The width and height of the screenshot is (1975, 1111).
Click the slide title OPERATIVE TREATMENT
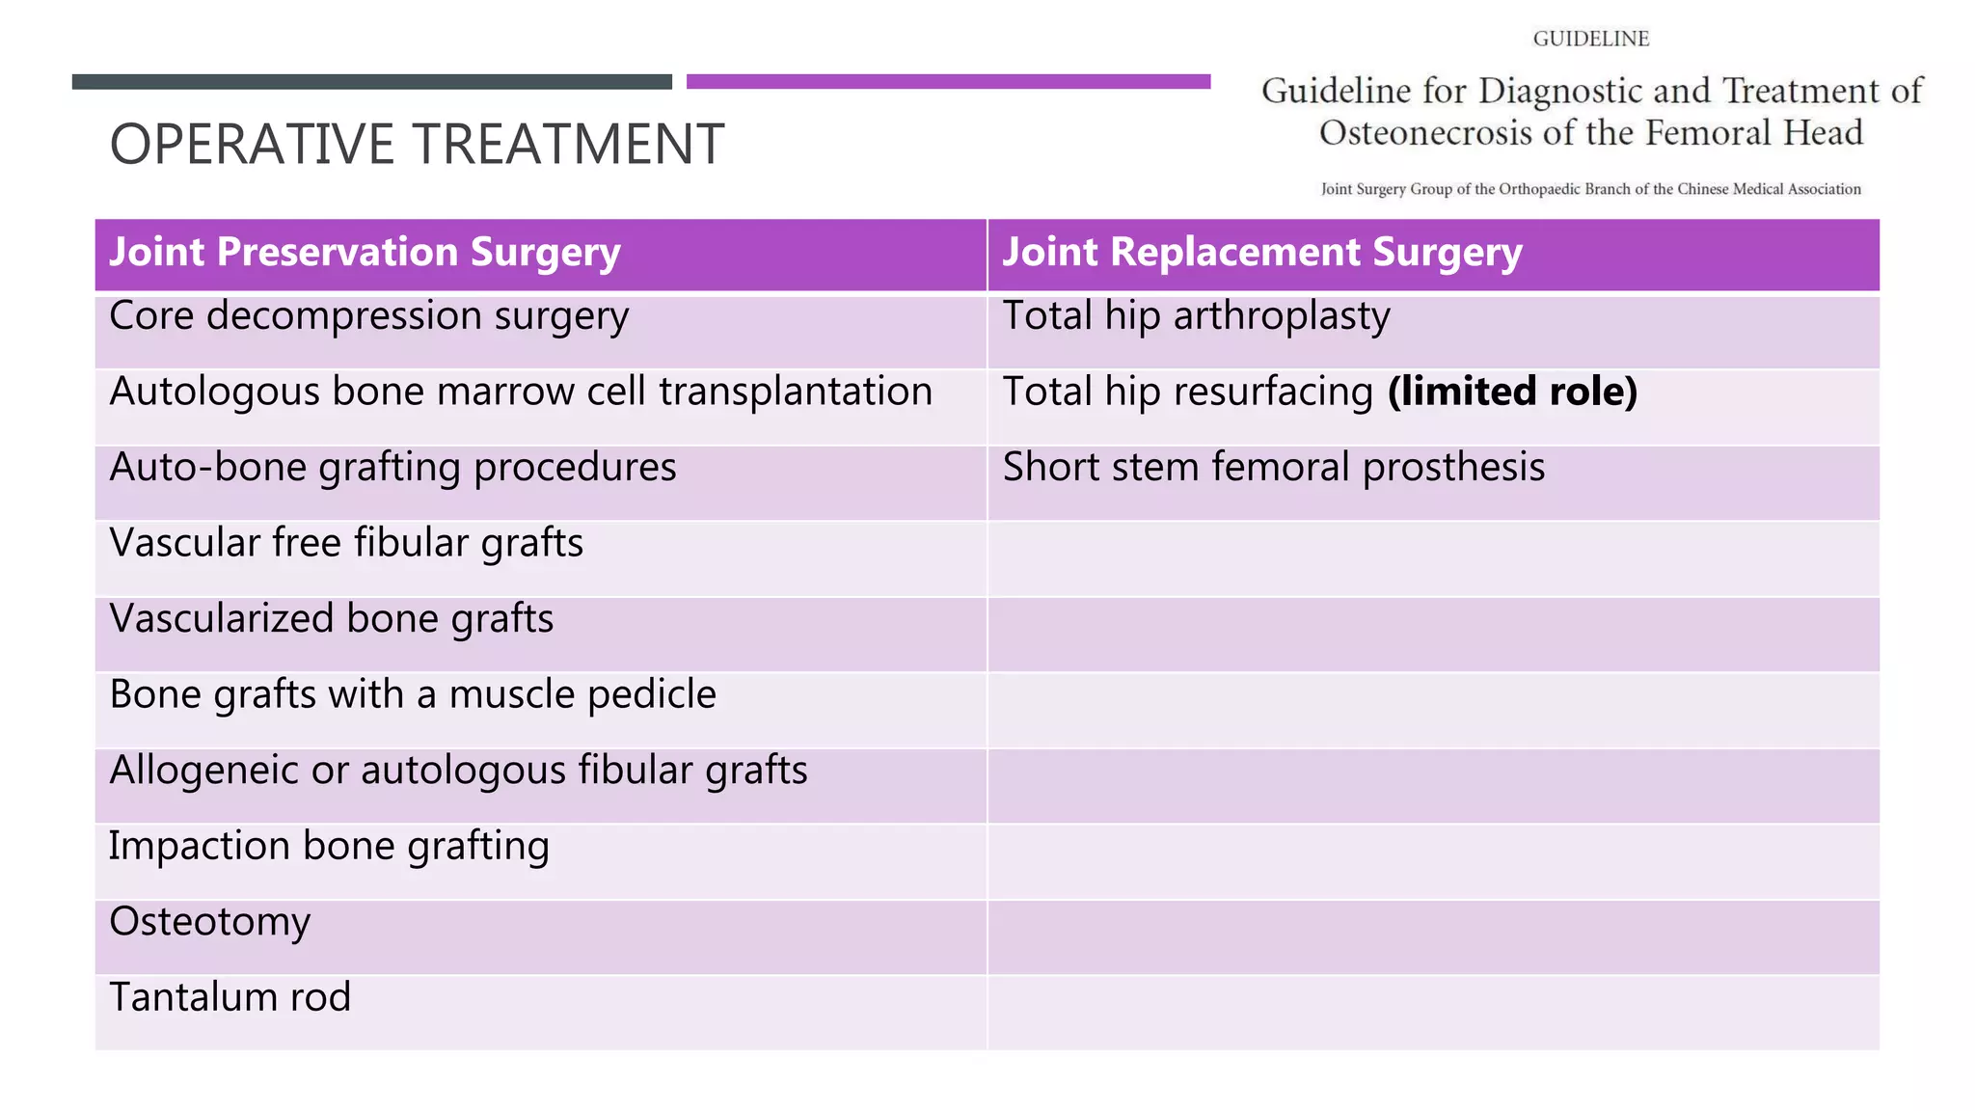[x=417, y=145]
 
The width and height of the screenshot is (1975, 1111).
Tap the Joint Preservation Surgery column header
[x=365, y=253]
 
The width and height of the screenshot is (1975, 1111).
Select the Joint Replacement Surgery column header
[x=1261, y=253]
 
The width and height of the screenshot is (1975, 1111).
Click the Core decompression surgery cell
[x=368, y=316]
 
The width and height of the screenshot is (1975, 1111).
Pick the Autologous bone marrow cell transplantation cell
[x=521, y=392]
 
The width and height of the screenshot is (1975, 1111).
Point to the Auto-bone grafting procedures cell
[x=392, y=468]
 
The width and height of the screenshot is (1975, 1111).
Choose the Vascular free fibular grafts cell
[x=346, y=543]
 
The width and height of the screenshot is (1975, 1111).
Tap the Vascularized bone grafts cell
[x=332, y=619]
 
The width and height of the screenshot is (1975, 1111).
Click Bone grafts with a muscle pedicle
[x=413, y=694]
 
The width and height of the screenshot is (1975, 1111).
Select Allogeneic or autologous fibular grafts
[x=458, y=771]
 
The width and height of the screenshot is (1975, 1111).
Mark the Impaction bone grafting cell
[x=329, y=846]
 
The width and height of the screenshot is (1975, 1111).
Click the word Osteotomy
[x=210, y=922]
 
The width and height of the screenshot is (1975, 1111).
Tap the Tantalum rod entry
[x=230, y=997]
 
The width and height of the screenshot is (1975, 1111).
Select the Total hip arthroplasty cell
[x=1196, y=316]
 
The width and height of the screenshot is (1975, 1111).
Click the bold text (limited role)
[x=1512, y=392]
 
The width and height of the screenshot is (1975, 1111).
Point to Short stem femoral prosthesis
[x=1273, y=468]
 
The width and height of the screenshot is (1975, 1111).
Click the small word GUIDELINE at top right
[x=1591, y=39]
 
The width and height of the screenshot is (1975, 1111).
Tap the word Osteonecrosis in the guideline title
[x=1425, y=133]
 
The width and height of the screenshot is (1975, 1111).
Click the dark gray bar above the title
[x=371, y=82]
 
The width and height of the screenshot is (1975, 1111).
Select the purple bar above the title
[x=948, y=82]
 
